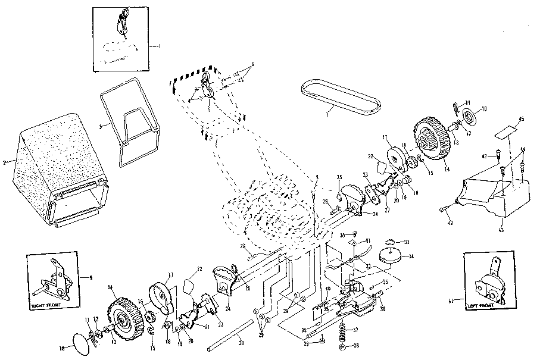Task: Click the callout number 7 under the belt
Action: coord(327,112)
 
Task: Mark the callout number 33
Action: coord(407,242)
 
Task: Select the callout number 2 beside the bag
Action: coord(5,162)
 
